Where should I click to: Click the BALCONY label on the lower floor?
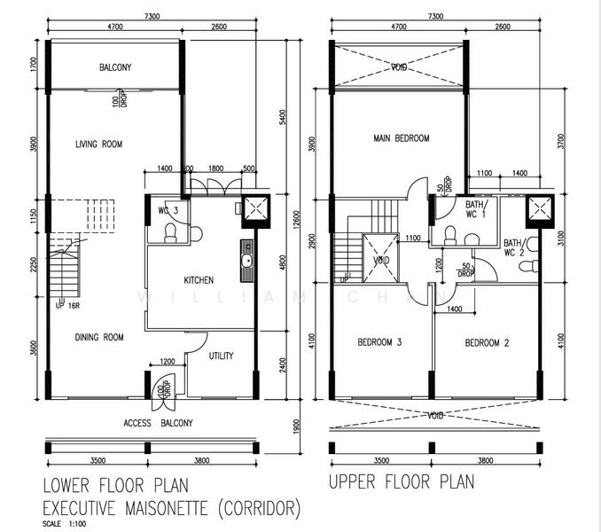point(115,67)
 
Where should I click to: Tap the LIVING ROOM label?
point(98,145)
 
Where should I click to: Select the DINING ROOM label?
point(98,337)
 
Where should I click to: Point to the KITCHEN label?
point(199,280)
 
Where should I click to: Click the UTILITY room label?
point(221,356)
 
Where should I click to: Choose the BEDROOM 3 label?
point(379,342)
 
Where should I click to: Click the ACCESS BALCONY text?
point(158,423)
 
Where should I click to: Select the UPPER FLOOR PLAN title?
point(401,482)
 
